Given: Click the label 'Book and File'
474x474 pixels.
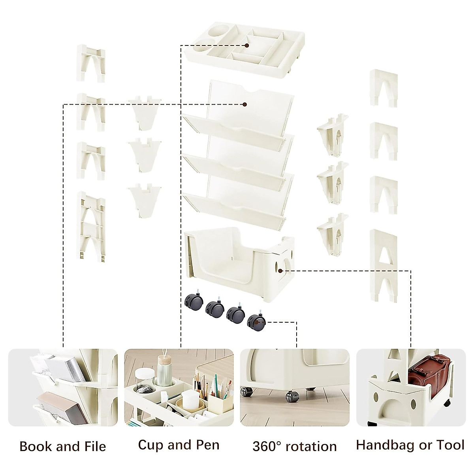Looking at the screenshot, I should (63, 446).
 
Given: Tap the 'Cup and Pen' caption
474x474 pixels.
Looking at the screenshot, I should (179, 445).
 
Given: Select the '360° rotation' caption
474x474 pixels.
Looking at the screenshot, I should (294, 446).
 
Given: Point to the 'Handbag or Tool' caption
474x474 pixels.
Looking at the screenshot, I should (410, 445).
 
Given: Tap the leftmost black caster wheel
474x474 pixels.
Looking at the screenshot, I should (192, 302).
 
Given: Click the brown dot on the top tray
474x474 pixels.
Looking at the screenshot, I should (246, 45).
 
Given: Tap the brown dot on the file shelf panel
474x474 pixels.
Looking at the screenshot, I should (245, 105).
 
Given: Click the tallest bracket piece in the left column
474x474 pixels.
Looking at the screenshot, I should (91, 225).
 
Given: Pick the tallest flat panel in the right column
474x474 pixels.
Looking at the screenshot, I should (384, 265).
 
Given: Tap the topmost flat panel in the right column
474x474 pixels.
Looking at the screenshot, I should (384, 88).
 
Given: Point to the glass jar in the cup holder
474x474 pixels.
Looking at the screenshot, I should (146, 381).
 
